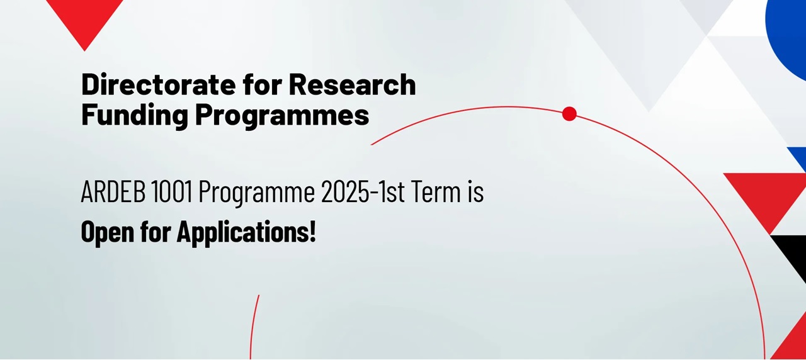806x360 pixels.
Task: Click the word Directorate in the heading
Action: coord(159,84)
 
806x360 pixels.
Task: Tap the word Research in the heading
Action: coord(352,84)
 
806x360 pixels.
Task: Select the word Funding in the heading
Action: coord(135,116)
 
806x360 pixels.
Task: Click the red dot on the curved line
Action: coord(569,114)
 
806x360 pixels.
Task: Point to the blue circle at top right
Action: coord(788,32)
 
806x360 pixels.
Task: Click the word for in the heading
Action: coord(263,84)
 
